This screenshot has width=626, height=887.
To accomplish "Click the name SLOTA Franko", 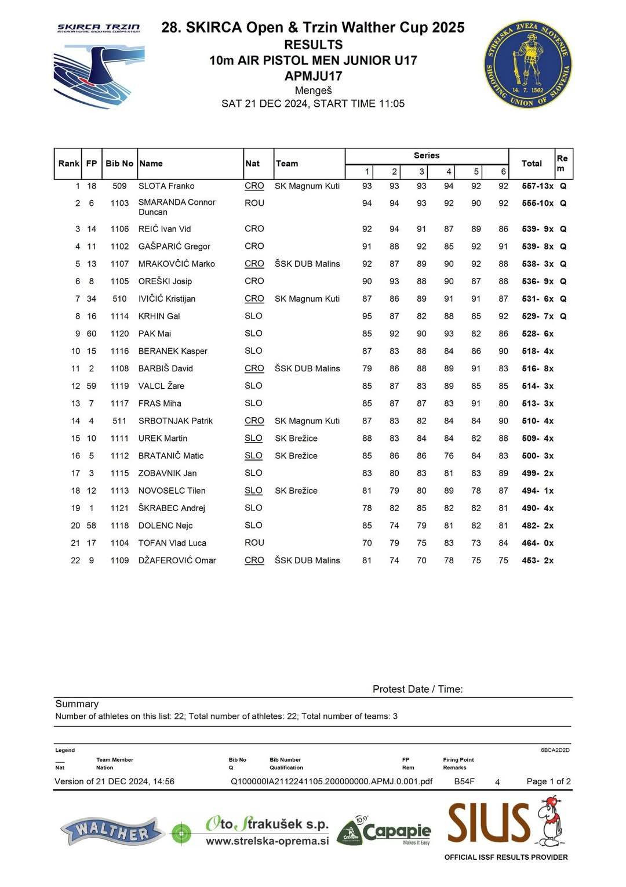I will [x=166, y=186].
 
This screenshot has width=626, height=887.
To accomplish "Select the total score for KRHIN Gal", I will [x=537, y=316].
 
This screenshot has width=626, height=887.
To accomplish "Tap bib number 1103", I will [x=119, y=203].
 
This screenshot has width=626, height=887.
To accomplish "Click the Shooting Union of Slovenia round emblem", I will [x=527, y=65].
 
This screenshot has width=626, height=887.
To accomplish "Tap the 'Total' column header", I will [x=532, y=164].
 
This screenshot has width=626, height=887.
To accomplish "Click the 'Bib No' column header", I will [x=119, y=164].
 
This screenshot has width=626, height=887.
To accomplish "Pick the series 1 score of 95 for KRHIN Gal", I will [x=367, y=316].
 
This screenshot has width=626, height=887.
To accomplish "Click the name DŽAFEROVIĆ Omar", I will [x=177, y=560].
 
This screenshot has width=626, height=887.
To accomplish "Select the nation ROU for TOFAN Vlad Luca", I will [x=254, y=542].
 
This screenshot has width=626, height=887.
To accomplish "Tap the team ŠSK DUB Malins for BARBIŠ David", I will [x=307, y=368].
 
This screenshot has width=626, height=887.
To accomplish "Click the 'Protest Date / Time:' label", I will [x=417, y=689].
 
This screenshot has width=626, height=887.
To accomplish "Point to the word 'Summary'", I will [x=77, y=704].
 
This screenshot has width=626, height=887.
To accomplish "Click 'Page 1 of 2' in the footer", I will [x=548, y=781].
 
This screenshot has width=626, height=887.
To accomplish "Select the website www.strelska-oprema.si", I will [x=267, y=841].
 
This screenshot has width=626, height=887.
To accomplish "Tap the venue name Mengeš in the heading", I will [x=313, y=90].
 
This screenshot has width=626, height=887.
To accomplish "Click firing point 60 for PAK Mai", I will [x=92, y=334].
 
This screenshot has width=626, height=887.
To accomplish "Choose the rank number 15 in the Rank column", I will [x=75, y=439].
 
